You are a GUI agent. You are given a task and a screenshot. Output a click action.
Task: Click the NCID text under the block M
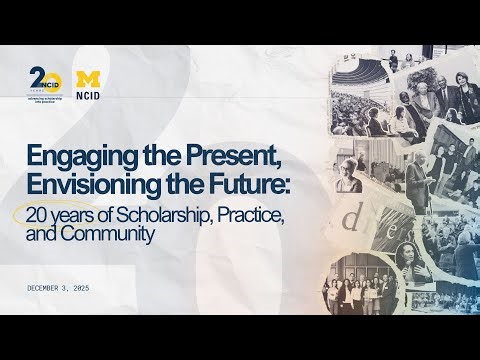[x=87, y=91]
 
